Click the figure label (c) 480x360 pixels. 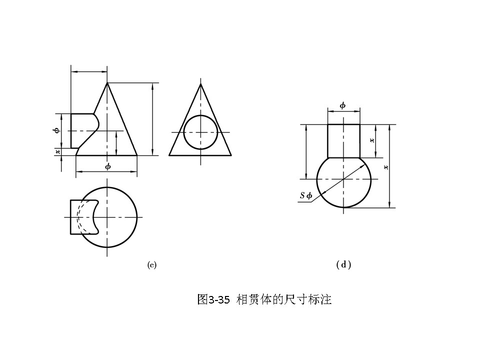pyautogui.click(x=152, y=265)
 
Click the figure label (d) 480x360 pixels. pyautogui.click(x=343, y=264)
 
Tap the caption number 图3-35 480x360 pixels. pyautogui.click(x=213, y=300)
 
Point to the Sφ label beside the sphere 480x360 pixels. pyautogui.click(x=306, y=196)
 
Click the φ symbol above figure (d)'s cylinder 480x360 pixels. pyautogui.click(x=342, y=105)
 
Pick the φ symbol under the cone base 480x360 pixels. pyautogui.click(x=107, y=166)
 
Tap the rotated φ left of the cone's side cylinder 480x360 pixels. pyautogui.click(x=56, y=130)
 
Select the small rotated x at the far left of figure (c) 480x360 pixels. pyautogui.click(x=57, y=151)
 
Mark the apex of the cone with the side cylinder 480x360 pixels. pyautogui.click(x=107, y=83)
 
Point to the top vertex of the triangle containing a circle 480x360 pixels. pyautogui.click(x=200, y=84)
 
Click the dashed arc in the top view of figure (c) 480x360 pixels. pyautogui.click(x=78, y=217)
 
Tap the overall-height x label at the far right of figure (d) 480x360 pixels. pyautogui.click(x=385, y=167)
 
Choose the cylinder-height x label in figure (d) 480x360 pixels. pyautogui.click(x=371, y=140)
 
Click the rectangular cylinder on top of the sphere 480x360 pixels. pyautogui.click(x=343, y=140)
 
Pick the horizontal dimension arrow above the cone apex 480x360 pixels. pyautogui.click(x=89, y=72)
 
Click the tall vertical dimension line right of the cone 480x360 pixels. pyautogui.click(x=152, y=119)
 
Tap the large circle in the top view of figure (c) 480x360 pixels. pyautogui.click(x=136, y=217)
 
